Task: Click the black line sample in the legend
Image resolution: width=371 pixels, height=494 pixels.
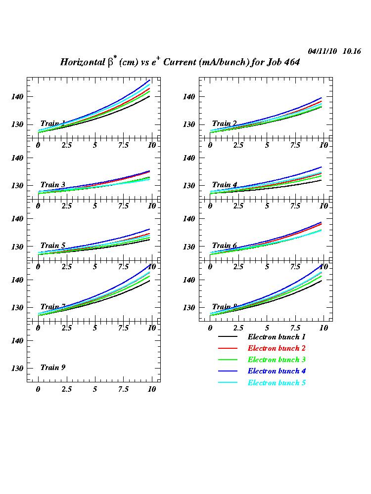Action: point(228,337)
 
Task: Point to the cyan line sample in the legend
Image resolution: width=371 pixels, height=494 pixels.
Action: point(228,383)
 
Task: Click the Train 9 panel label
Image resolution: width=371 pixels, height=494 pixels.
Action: point(53,368)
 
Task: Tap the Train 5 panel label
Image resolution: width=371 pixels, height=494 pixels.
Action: point(53,246)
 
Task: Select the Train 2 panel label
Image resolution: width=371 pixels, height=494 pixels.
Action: point(225,123)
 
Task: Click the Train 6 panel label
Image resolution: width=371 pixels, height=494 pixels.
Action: point(225,246)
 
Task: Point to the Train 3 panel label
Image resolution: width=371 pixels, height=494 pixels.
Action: point(53,185)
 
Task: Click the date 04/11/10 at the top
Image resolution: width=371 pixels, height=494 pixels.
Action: point(323,51)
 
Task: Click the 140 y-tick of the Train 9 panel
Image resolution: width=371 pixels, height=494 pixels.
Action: point(18,340)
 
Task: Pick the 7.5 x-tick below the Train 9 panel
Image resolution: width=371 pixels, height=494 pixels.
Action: point(123,389)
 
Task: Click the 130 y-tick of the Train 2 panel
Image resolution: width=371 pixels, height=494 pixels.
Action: point(189,124)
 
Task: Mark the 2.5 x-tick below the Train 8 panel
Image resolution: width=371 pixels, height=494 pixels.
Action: point(238,328)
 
